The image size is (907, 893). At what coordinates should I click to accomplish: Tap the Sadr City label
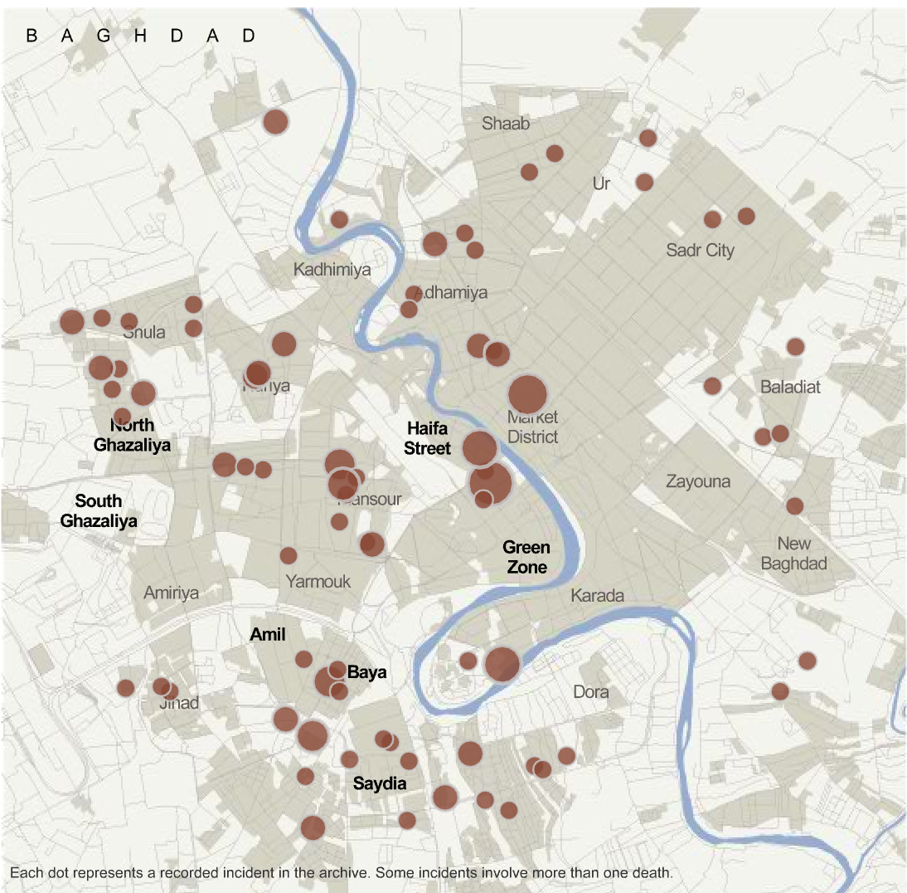point(700,250)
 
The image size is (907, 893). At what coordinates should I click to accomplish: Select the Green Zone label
point(526,557)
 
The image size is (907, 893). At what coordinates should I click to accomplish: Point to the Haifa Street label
point(429,438)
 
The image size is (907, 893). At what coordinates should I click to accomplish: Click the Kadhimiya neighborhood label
point(332,270)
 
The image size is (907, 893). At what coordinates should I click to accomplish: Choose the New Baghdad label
point(802,554)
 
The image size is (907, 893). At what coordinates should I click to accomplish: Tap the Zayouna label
point(698,481)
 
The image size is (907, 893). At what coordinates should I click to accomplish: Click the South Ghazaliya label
point(98,511)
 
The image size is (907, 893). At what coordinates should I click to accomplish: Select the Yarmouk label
point(318,581)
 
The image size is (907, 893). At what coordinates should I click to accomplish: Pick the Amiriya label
point(172,593)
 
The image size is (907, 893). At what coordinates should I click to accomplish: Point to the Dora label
point(591,691)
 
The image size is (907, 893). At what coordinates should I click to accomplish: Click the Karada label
point(597,596)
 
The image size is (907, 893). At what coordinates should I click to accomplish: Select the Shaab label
point(505,124)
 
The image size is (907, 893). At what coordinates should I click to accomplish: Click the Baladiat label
point(790,387)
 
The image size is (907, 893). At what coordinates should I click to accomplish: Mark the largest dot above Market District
point(527,393)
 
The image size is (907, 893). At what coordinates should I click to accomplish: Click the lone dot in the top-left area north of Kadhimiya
point(274,122)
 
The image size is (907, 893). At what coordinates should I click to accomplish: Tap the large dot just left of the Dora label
point(502,664)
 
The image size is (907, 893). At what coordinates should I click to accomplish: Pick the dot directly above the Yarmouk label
point(289,555)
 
